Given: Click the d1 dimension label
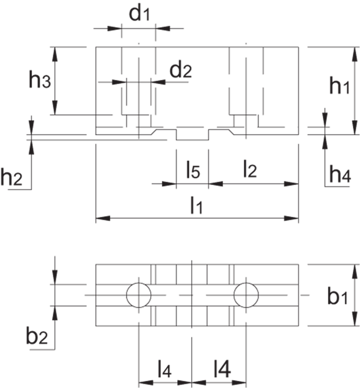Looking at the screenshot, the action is click(140, 15).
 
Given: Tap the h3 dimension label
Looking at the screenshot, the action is click(40, 81).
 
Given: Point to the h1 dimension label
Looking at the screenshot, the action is click(338, 86).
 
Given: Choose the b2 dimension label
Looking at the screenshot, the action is click(37, 336).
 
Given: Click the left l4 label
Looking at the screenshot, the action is click(164, 369).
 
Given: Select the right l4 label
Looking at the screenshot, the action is click(220, 369).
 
